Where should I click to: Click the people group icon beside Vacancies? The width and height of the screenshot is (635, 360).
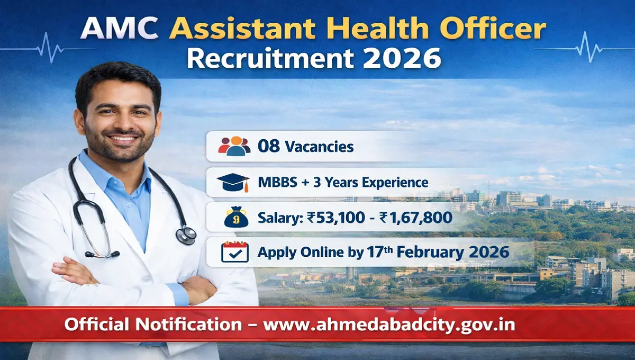pyautogui.click(x=234, y=146)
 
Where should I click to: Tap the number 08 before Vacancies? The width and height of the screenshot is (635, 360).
pyautogui.click(x=268, y=146)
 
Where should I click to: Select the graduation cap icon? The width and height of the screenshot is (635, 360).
pyautogui.click(x=233, y=183)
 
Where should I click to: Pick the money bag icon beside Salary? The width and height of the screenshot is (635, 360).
pyautogui.click(x=235, y=218)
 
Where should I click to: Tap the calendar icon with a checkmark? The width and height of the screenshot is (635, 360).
pyautogui.click(x=235, y=252)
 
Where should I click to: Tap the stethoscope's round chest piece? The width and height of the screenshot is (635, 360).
pyautogui.click(x=186, y=235)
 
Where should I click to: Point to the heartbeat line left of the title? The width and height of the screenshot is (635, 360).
pyautogui.click(x=48, y=47)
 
